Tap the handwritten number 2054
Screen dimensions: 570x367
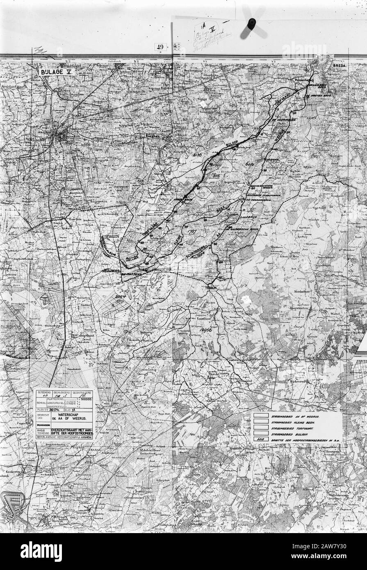click(x=120, y=296)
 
